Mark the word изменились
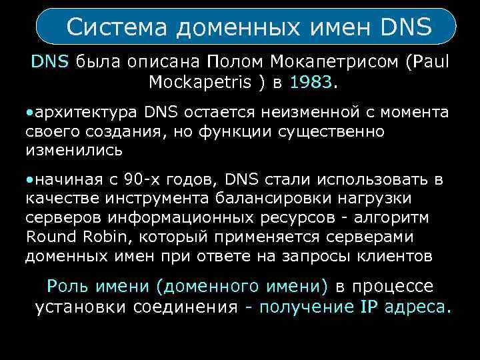coord(73,149)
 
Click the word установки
coord(82,307)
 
